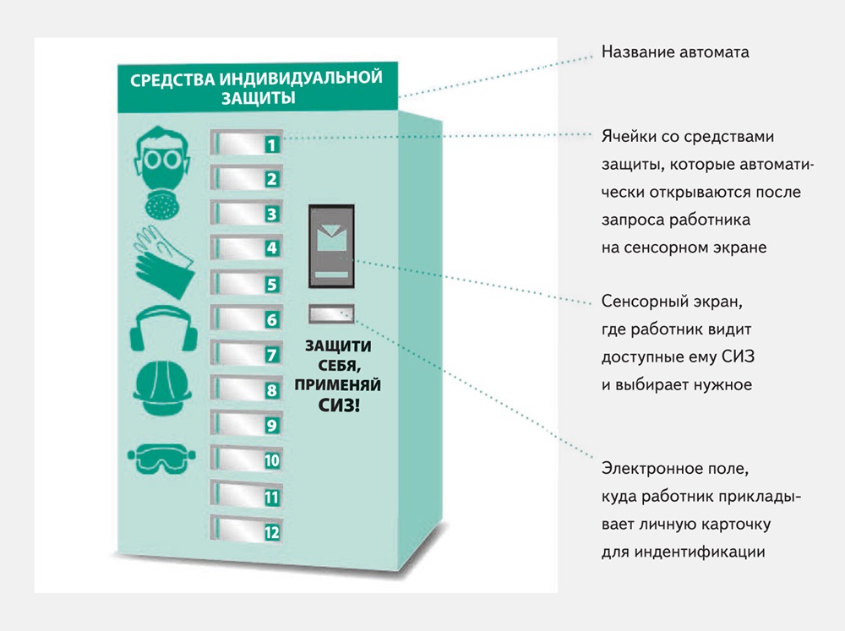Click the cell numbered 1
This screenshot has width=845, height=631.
pyautogui.click(x=246, y=142)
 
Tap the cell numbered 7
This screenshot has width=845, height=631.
pyautogui.click(x=246, y=353)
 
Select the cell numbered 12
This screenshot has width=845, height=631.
pyautogui.click(x=246, y=529)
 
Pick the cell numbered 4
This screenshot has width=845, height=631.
pyautogui.click(x=246, y=248)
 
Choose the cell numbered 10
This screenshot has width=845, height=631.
pyautogui.click(x=246, y=459)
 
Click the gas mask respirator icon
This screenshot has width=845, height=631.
pyautogui.click(x=161, y=171)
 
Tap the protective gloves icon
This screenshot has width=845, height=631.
pyautogui.click(x=163, y=261)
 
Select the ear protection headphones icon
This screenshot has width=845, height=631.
pyautogui.click(x=164, y=328)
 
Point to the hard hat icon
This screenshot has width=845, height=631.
pyautogui.click(x=162, y=388)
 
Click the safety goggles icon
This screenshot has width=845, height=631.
pyautogui.click(x=161, y=459)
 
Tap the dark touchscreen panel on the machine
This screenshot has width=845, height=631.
pyautogui.click(x=331, y=247)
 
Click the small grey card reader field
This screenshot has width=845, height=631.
pyautogui.click(x=331, y=313)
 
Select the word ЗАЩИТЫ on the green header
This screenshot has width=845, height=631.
pyautogui.click(x=258, y=98)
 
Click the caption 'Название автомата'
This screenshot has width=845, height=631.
pyautogui.click(x=675, y=52)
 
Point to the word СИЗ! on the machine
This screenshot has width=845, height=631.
pyautogui.click(x=339, y=405)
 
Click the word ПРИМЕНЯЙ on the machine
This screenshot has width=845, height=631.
pyautogui.click(x=337, y=384)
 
